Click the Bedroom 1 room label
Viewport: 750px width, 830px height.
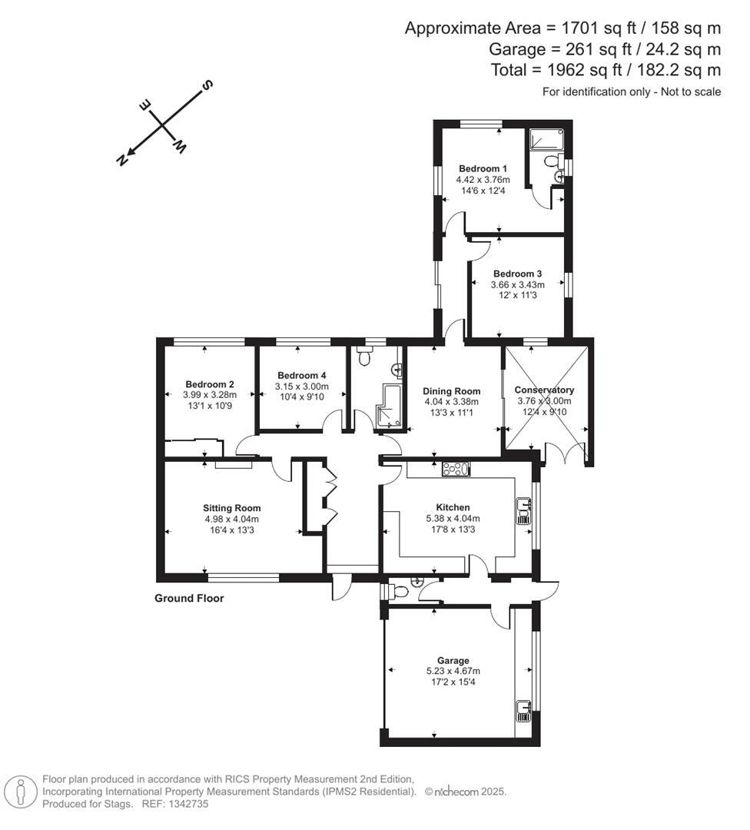coord(483,168)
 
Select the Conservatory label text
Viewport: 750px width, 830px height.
coord(544,390)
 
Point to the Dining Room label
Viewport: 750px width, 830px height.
coord(452,390)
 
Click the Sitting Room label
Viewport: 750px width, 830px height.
coord(231,508)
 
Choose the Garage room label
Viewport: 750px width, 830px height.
coord(453,660)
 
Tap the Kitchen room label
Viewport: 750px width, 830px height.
coord(453,507)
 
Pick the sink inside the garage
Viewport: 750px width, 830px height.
coord(523,710)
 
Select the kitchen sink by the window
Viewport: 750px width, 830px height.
coord(523,510)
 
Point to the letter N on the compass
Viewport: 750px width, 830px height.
coord(121,159)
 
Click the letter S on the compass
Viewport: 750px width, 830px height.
coord(207,85)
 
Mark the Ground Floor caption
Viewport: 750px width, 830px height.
coord(189,598)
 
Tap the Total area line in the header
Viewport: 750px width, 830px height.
coord(606,71)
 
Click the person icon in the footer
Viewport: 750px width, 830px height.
coord(21,791)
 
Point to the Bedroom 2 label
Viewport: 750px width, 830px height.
coord(209,384)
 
